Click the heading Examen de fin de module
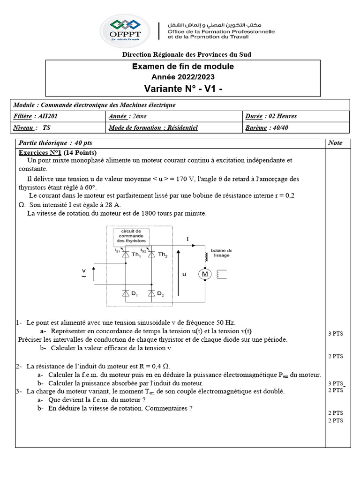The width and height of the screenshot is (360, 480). coord(183,67)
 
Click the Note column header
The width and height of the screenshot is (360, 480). coord(335,143)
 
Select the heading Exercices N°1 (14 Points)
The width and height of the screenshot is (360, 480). coord(58,153)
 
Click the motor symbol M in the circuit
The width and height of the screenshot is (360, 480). coord(204,274)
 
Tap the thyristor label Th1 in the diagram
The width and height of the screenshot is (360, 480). coord(136,255)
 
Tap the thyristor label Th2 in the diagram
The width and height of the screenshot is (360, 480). coord(162,255)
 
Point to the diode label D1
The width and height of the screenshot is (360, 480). coord(135,294)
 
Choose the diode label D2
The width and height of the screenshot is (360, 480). coord(160,294)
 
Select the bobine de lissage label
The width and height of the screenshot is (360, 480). coord(221,253)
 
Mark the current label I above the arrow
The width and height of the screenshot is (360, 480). coord(187,239)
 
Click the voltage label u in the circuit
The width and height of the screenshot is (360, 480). coord(184,274)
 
